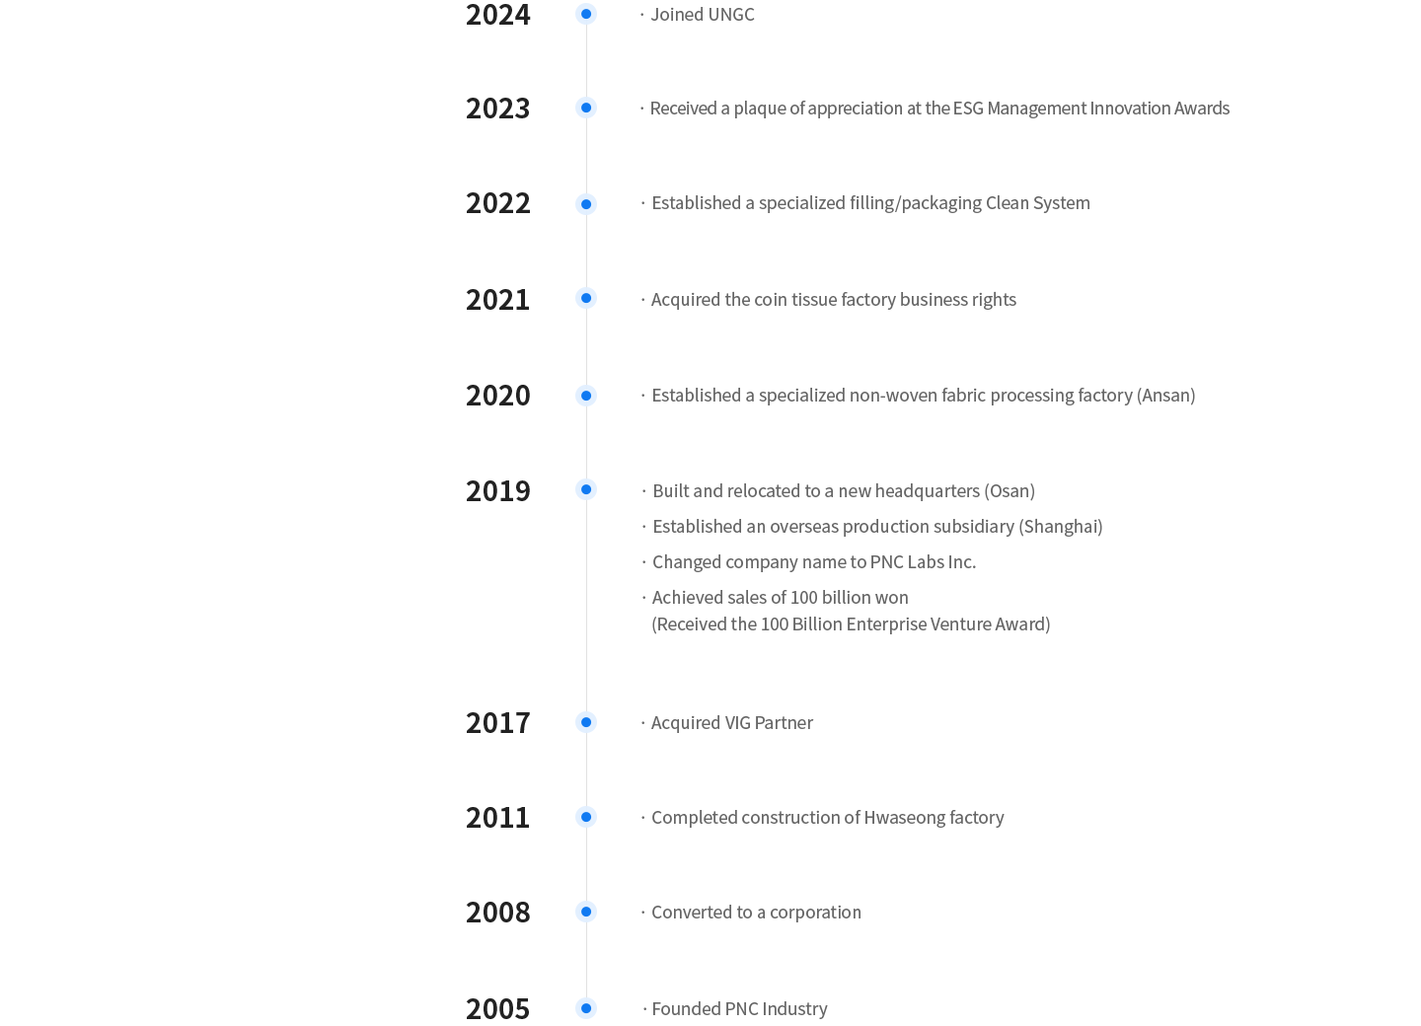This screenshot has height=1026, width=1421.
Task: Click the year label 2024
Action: click(497, 15)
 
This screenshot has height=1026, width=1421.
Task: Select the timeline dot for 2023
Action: click(586, 108)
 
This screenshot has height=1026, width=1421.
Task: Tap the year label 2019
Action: click(497, 490)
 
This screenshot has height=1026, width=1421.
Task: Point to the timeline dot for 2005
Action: click(586, 1008)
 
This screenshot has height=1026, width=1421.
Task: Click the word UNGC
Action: click(731, 15)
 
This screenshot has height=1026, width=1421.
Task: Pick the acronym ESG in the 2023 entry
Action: click(968, 109)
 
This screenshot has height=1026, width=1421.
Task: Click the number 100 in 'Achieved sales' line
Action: click(805, 598)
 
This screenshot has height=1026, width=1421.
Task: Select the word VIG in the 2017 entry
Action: click(738, 723)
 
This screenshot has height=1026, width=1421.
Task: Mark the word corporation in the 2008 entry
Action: click(815, 913)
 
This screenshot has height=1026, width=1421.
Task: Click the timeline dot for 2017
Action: click(586, 722)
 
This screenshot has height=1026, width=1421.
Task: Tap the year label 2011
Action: click(497, 818)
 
